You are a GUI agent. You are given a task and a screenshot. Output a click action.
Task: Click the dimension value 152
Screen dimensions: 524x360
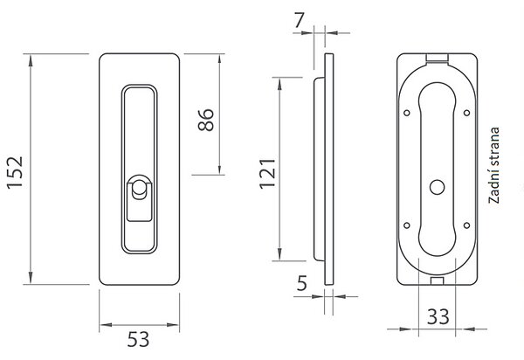pyautogui.click(x=16, y=172)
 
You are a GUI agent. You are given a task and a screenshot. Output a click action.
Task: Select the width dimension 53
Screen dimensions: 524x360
pyautogui.click(x=138, y=339)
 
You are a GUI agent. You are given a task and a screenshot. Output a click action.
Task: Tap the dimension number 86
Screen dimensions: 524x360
pyautogui.click(x=206, y=120)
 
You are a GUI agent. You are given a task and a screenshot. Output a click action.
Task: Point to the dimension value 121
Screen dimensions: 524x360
pyautogui.click(x=268, y=174)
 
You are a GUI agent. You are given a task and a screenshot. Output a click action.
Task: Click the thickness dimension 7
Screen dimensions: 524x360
pyautogui.click(x=299, y=21)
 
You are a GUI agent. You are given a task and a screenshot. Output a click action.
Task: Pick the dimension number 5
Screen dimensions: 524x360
pyautogui.click(x=302, y=283)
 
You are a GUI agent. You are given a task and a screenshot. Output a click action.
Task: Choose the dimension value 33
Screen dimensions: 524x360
pyautogui.click(x=438, y=316)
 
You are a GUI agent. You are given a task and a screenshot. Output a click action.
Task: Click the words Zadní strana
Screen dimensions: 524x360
pyautogui.click(x=494, y=165)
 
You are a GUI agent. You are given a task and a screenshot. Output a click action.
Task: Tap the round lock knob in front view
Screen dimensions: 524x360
pyautogui.click(x=138, y=190)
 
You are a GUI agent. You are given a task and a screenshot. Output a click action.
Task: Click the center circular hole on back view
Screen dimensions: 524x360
pyautogui.click(x=438, y=187)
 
